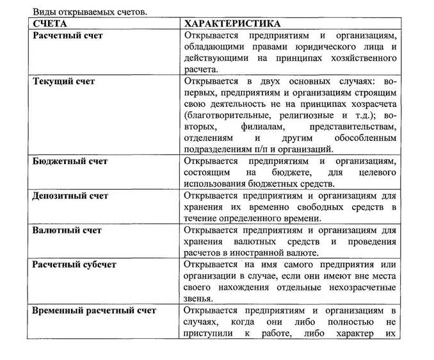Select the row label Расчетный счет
pyautogui.click(x=67, y=36)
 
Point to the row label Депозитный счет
pyautogui.click(x=70, y=196)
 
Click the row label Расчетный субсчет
pyautogui.click(x=74, y=265)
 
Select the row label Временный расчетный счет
pyautogui.click(x=94, y=311)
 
